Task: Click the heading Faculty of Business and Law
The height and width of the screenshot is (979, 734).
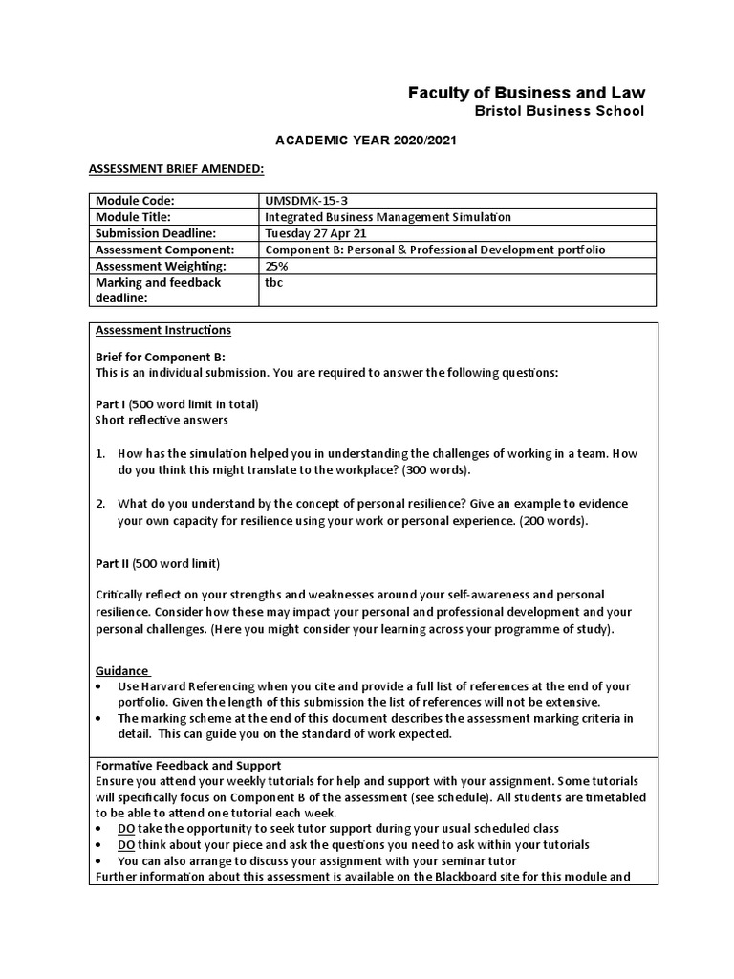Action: (x=526, y=93)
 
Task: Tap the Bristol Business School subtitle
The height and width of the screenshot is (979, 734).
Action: (x=560, y=112)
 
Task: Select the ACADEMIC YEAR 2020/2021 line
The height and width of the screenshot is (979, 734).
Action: (x=366, y=141)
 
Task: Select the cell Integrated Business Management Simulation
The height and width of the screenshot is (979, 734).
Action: (x=388, y=216)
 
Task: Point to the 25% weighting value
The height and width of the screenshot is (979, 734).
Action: (x=276, y=266)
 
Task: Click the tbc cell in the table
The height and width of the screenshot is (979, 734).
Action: (x=273, y=283)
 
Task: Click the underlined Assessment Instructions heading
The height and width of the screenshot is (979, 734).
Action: (x=163, y=330)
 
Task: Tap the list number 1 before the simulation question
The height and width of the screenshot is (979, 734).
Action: (x=100, y=454)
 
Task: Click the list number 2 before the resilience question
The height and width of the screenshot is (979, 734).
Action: (x=100, y=504)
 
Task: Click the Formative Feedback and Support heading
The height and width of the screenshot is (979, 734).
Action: (x=188, y=766)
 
